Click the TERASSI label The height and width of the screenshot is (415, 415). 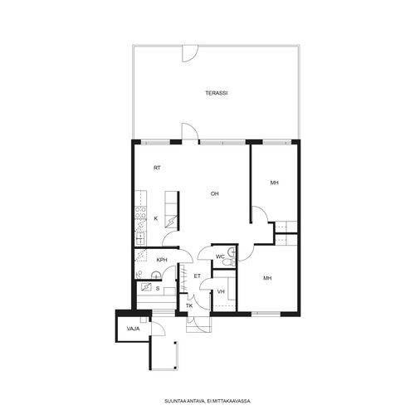pyautogui.click(x=217, y=93)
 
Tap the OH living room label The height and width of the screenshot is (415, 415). pyautogui.click(x=215, y=193)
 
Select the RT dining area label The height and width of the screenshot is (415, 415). pyautogui.click(x=157, y=168)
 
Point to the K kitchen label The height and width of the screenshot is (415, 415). pyautogui.click(x=156, y=218)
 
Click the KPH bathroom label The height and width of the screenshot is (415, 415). pyautogui.click(x=162, y=260)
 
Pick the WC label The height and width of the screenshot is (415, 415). pyautogui.click(x=220, y=256)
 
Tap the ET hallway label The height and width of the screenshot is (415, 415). pyautogui.click(x=198, y=276)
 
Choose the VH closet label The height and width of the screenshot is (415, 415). pyautogui.click(x=221, y=291)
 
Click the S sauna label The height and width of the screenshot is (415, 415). pyautogui.click(x=158, y=289)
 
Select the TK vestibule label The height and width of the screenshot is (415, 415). pyautogui.click(x=189, y=305)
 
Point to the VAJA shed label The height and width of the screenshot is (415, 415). pyautogui.click(x=133, y=329)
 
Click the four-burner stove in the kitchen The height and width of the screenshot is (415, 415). pyautogui.click(x=141, y=212)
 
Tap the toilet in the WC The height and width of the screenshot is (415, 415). pyautogui.click(x=229, y=262)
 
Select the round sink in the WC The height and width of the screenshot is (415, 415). pyautogui.click(x=232, y=251)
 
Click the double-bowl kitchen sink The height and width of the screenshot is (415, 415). pyautogui.click(x=141, y=239)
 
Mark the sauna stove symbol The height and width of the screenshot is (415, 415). pyautogui.click(x=146, y=287)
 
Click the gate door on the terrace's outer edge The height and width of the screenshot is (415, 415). pyautogui.click(x=190, y=53)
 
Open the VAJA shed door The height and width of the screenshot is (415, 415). pyautogui.click(x=158, y=329)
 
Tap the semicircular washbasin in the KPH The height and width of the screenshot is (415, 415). pyautogui.click(x=156, y=275)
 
